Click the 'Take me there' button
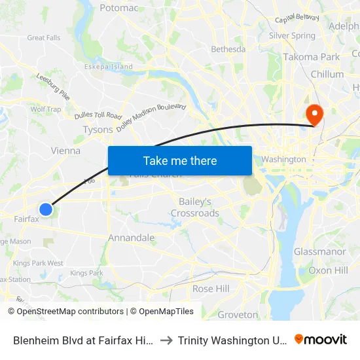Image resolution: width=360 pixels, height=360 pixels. click(x=180, y=160)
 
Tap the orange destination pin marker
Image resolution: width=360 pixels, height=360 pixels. click(x=315, y=115)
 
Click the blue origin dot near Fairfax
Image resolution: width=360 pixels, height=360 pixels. click(x=45, y=209)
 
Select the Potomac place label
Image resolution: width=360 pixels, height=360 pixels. click(x=119, y=8)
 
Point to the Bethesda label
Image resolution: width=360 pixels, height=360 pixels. click(x=228, y=49)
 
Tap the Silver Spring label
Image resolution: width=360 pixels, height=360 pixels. click(x=292, y=36)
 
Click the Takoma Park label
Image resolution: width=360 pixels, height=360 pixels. click(x=312, y=57)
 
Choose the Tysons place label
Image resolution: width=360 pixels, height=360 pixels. click(x=98, y=130)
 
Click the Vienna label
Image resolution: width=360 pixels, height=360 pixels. click(x=65, y=151)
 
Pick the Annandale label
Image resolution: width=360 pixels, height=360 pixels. click(x=131, y=238)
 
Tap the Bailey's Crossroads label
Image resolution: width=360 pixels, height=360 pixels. click(x=195, y=207)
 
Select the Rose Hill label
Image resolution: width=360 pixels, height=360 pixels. click(x=211, y=289)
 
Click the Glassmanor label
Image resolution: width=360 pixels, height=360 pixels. click(x=320, y=252)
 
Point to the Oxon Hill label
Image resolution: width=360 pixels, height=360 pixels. click(x=329, y=270)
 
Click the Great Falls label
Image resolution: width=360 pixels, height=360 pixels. click(x=44, y=38)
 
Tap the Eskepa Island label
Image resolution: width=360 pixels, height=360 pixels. click(x=112, y=67)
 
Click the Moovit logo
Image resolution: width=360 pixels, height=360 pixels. click(x=321, y=339)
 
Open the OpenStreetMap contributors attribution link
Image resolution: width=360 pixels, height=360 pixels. click(x=70, y=312)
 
